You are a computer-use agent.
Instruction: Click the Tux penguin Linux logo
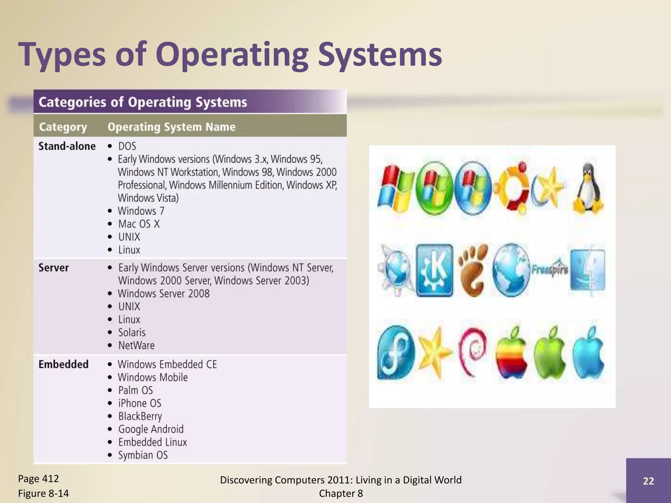(588, 189)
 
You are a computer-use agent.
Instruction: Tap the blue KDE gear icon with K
(435, 270)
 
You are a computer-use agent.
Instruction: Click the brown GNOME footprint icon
(472, 270)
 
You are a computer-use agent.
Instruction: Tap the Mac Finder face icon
(588, 270)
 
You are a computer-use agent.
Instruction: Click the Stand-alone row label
(67, 146)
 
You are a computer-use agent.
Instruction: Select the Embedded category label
(64, 364)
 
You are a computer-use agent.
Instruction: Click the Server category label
(54, 268)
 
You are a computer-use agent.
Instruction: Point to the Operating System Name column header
(171, 127)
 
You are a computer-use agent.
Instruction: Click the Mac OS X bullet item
(139, 224)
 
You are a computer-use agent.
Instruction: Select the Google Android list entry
(151, 429)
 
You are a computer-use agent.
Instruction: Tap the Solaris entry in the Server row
(132, 332)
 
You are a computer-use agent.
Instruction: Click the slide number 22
(648, 481)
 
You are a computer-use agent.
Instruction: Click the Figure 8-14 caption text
(43, 493)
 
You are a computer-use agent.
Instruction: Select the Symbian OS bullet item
(143, 455)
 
